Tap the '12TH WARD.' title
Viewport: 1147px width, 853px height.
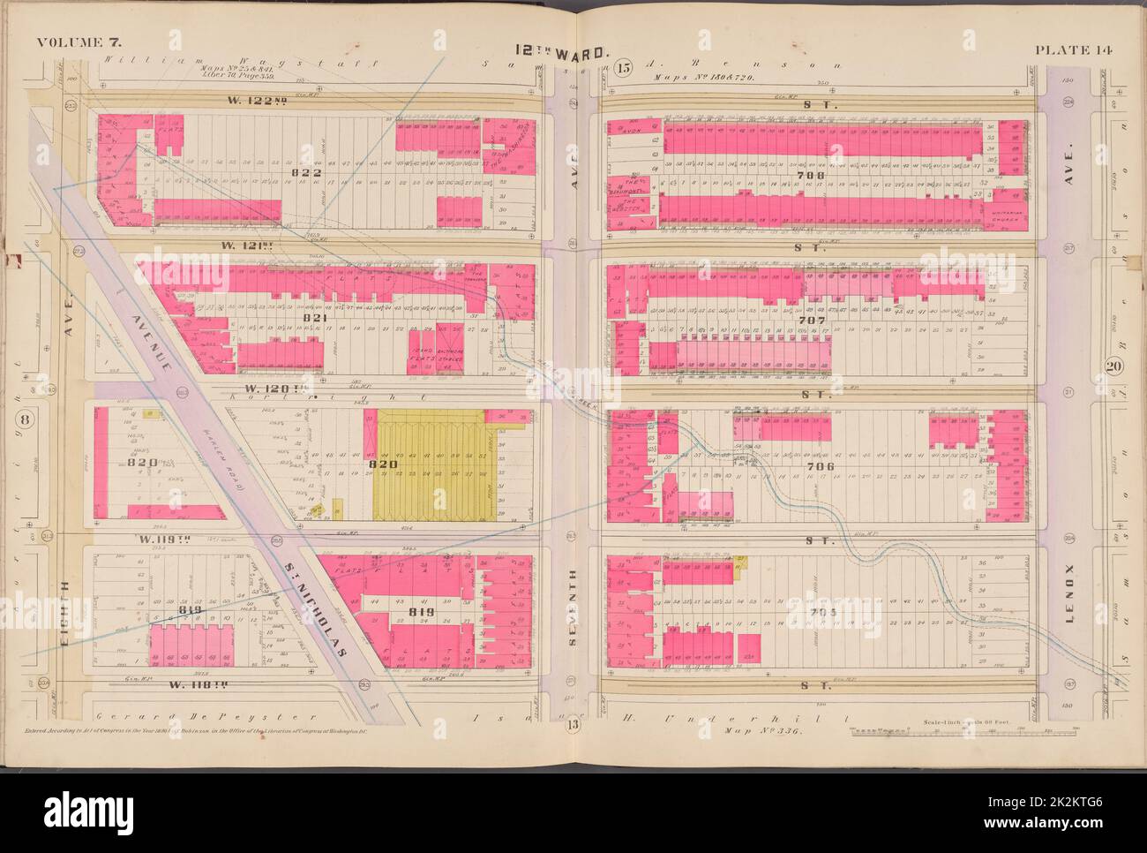pos(574,52)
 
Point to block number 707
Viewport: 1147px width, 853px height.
pos(809,320)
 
